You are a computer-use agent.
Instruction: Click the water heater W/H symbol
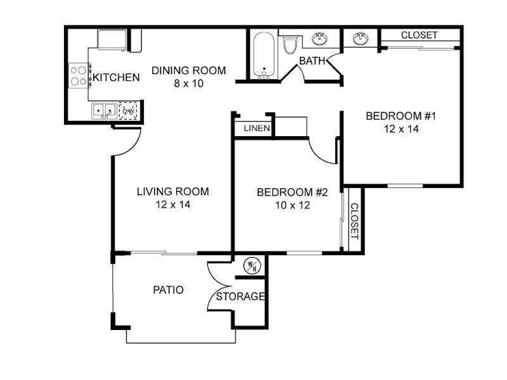(x=252, y=266)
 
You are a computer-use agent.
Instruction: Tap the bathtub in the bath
(x=264, y=55)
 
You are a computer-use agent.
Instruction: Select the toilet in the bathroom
(x=290, y=45)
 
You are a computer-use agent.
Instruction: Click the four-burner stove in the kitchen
(x=79, y=75)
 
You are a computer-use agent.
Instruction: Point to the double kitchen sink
(x=104, y=111)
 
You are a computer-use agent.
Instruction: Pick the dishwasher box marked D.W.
(x=128, y=111)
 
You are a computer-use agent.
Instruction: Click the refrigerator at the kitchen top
(x=112, y=39)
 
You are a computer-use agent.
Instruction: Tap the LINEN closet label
(x=257, y=129)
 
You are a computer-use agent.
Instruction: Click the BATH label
(x=312, y=60)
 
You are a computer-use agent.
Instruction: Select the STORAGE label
(x=240, y=296)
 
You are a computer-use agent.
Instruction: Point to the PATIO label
(x=168, y=290)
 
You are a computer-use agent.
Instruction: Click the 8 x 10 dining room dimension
(x=189, y=84)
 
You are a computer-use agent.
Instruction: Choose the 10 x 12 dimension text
(x=293, y=205)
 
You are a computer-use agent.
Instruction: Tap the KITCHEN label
(x=116, y=77)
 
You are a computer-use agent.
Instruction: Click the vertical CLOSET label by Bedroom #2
(x=355, y=221)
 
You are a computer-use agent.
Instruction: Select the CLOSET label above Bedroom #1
(x=419, y=35)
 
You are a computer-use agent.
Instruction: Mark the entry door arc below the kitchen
(x=132, y=146)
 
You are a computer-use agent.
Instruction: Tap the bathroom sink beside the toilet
(x=319, y=39)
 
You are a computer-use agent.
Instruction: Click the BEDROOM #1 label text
(x=401, y=116)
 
